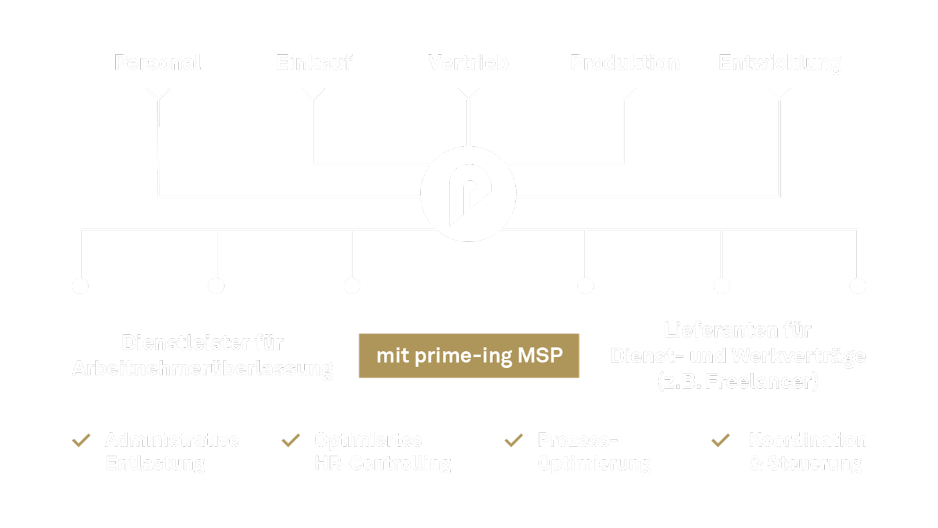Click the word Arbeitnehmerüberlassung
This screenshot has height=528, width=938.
(x=202, y=369)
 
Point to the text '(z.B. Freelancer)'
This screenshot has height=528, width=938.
(x=738, y=382)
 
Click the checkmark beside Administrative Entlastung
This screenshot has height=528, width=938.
(x=82, y=441)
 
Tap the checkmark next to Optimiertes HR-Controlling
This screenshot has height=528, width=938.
(x=291, y=441)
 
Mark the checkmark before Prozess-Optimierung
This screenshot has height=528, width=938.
(x=514, y=441)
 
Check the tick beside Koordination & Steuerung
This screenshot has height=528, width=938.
(x=721, y=441)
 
